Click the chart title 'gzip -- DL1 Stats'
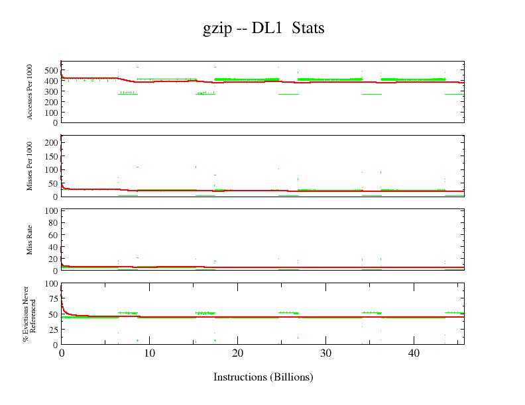click(x=263, y=28)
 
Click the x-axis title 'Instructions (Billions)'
click(x=262, y=377)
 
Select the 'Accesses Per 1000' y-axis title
click(x=30, y=92)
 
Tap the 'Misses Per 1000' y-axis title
click(x=30, y=165)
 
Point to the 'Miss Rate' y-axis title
click(x=30, y=240)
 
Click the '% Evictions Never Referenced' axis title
click(x=30, y=314)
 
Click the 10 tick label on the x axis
click(x=150, y=353)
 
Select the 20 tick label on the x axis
click(x=238, y=353)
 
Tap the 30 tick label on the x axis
click(x=325, y=353)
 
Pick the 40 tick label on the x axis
click(x=414, y=353)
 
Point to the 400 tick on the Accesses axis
click(x=50, y=81)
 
